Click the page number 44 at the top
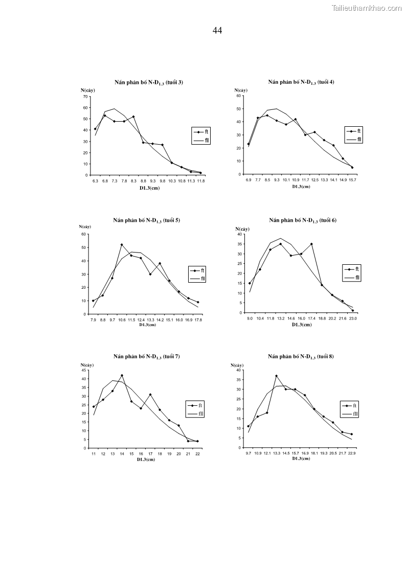(x=217, y=31)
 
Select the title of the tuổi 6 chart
(x=302, y=220)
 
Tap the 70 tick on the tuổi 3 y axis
(x=85, y=97)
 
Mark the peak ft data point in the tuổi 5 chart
(x=122, y=245)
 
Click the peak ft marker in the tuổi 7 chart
(x=122, y=375)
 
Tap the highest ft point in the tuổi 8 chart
(x=276, y=376)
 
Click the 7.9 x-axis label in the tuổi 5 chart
(x=93, y=320)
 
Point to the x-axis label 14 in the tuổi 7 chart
(x=122, y=454)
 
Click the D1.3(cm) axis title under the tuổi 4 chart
(x=301, y=187)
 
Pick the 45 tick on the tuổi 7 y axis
(x=85, y=370)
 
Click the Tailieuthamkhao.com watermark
(x=367, y=8)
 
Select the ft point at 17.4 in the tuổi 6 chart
(x=311, y=244)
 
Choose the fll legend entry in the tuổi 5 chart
(x=202, y=278)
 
